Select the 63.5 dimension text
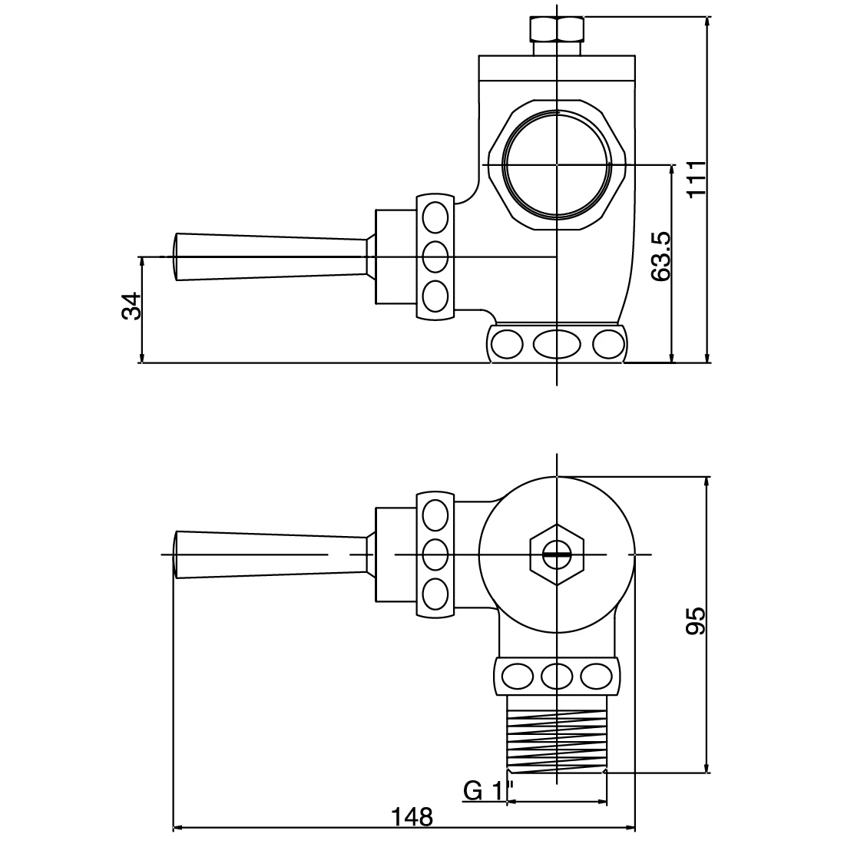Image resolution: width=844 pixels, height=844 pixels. click(661, 256)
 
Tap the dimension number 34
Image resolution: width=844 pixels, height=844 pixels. click(131, 306)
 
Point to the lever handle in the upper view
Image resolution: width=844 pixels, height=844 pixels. click(269, 257)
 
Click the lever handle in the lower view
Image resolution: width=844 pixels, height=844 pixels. click(269, 554)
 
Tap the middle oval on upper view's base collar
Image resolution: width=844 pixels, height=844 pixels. click(557, 344)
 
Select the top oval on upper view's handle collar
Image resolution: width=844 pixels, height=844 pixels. click(435, 217)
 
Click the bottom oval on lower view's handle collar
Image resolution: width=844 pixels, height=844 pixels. click(435, 592)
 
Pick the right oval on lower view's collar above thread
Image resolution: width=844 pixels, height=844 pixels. click(597, 676)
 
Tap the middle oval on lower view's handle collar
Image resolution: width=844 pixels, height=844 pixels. click(435, 553)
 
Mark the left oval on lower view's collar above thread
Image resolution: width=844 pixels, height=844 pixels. click(517, 676)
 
